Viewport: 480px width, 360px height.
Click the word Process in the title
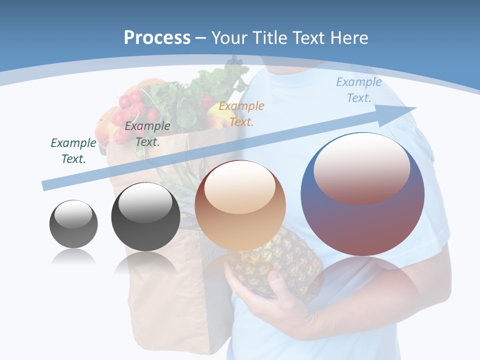[x=157, y=37]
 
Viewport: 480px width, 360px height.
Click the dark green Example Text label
[x=73, y=150]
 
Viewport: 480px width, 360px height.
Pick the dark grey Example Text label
[x=147, y=133]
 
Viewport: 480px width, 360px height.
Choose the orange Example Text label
[x=241, y=113]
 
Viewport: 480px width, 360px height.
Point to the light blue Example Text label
[x=359, y=90]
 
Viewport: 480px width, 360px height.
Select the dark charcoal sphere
[x=145, y=217]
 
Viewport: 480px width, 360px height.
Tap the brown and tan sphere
[x=240, y=206]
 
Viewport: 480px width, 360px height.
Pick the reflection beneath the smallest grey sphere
[x=73, y=257]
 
